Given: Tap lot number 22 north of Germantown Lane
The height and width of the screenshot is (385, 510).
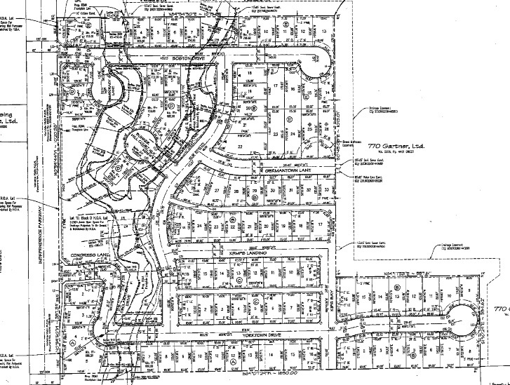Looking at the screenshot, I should click(x=241, y=146).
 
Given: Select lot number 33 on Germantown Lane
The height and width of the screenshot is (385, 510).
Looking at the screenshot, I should click(x=328, y=190).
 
